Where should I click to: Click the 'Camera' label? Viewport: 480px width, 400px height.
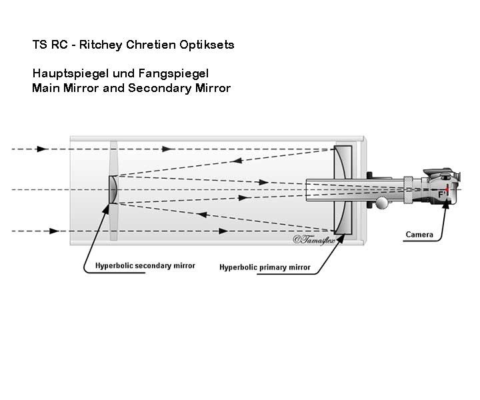point(420,235)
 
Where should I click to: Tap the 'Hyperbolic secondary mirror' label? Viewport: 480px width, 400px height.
point(145,265)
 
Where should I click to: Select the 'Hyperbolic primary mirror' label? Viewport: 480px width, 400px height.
point(265,267)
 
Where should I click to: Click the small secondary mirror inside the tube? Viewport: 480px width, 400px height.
point(113,189)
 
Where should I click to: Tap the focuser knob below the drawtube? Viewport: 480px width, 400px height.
point(381,203)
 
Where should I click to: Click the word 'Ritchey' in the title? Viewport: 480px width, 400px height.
point(100,45)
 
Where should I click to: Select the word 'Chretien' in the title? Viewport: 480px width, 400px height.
point(153,45)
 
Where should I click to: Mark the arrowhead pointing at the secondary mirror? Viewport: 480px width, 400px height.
point(105,208)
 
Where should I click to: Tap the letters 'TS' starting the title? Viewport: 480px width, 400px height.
point(39,45)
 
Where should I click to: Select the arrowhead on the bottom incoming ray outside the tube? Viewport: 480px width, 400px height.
point(53,231)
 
